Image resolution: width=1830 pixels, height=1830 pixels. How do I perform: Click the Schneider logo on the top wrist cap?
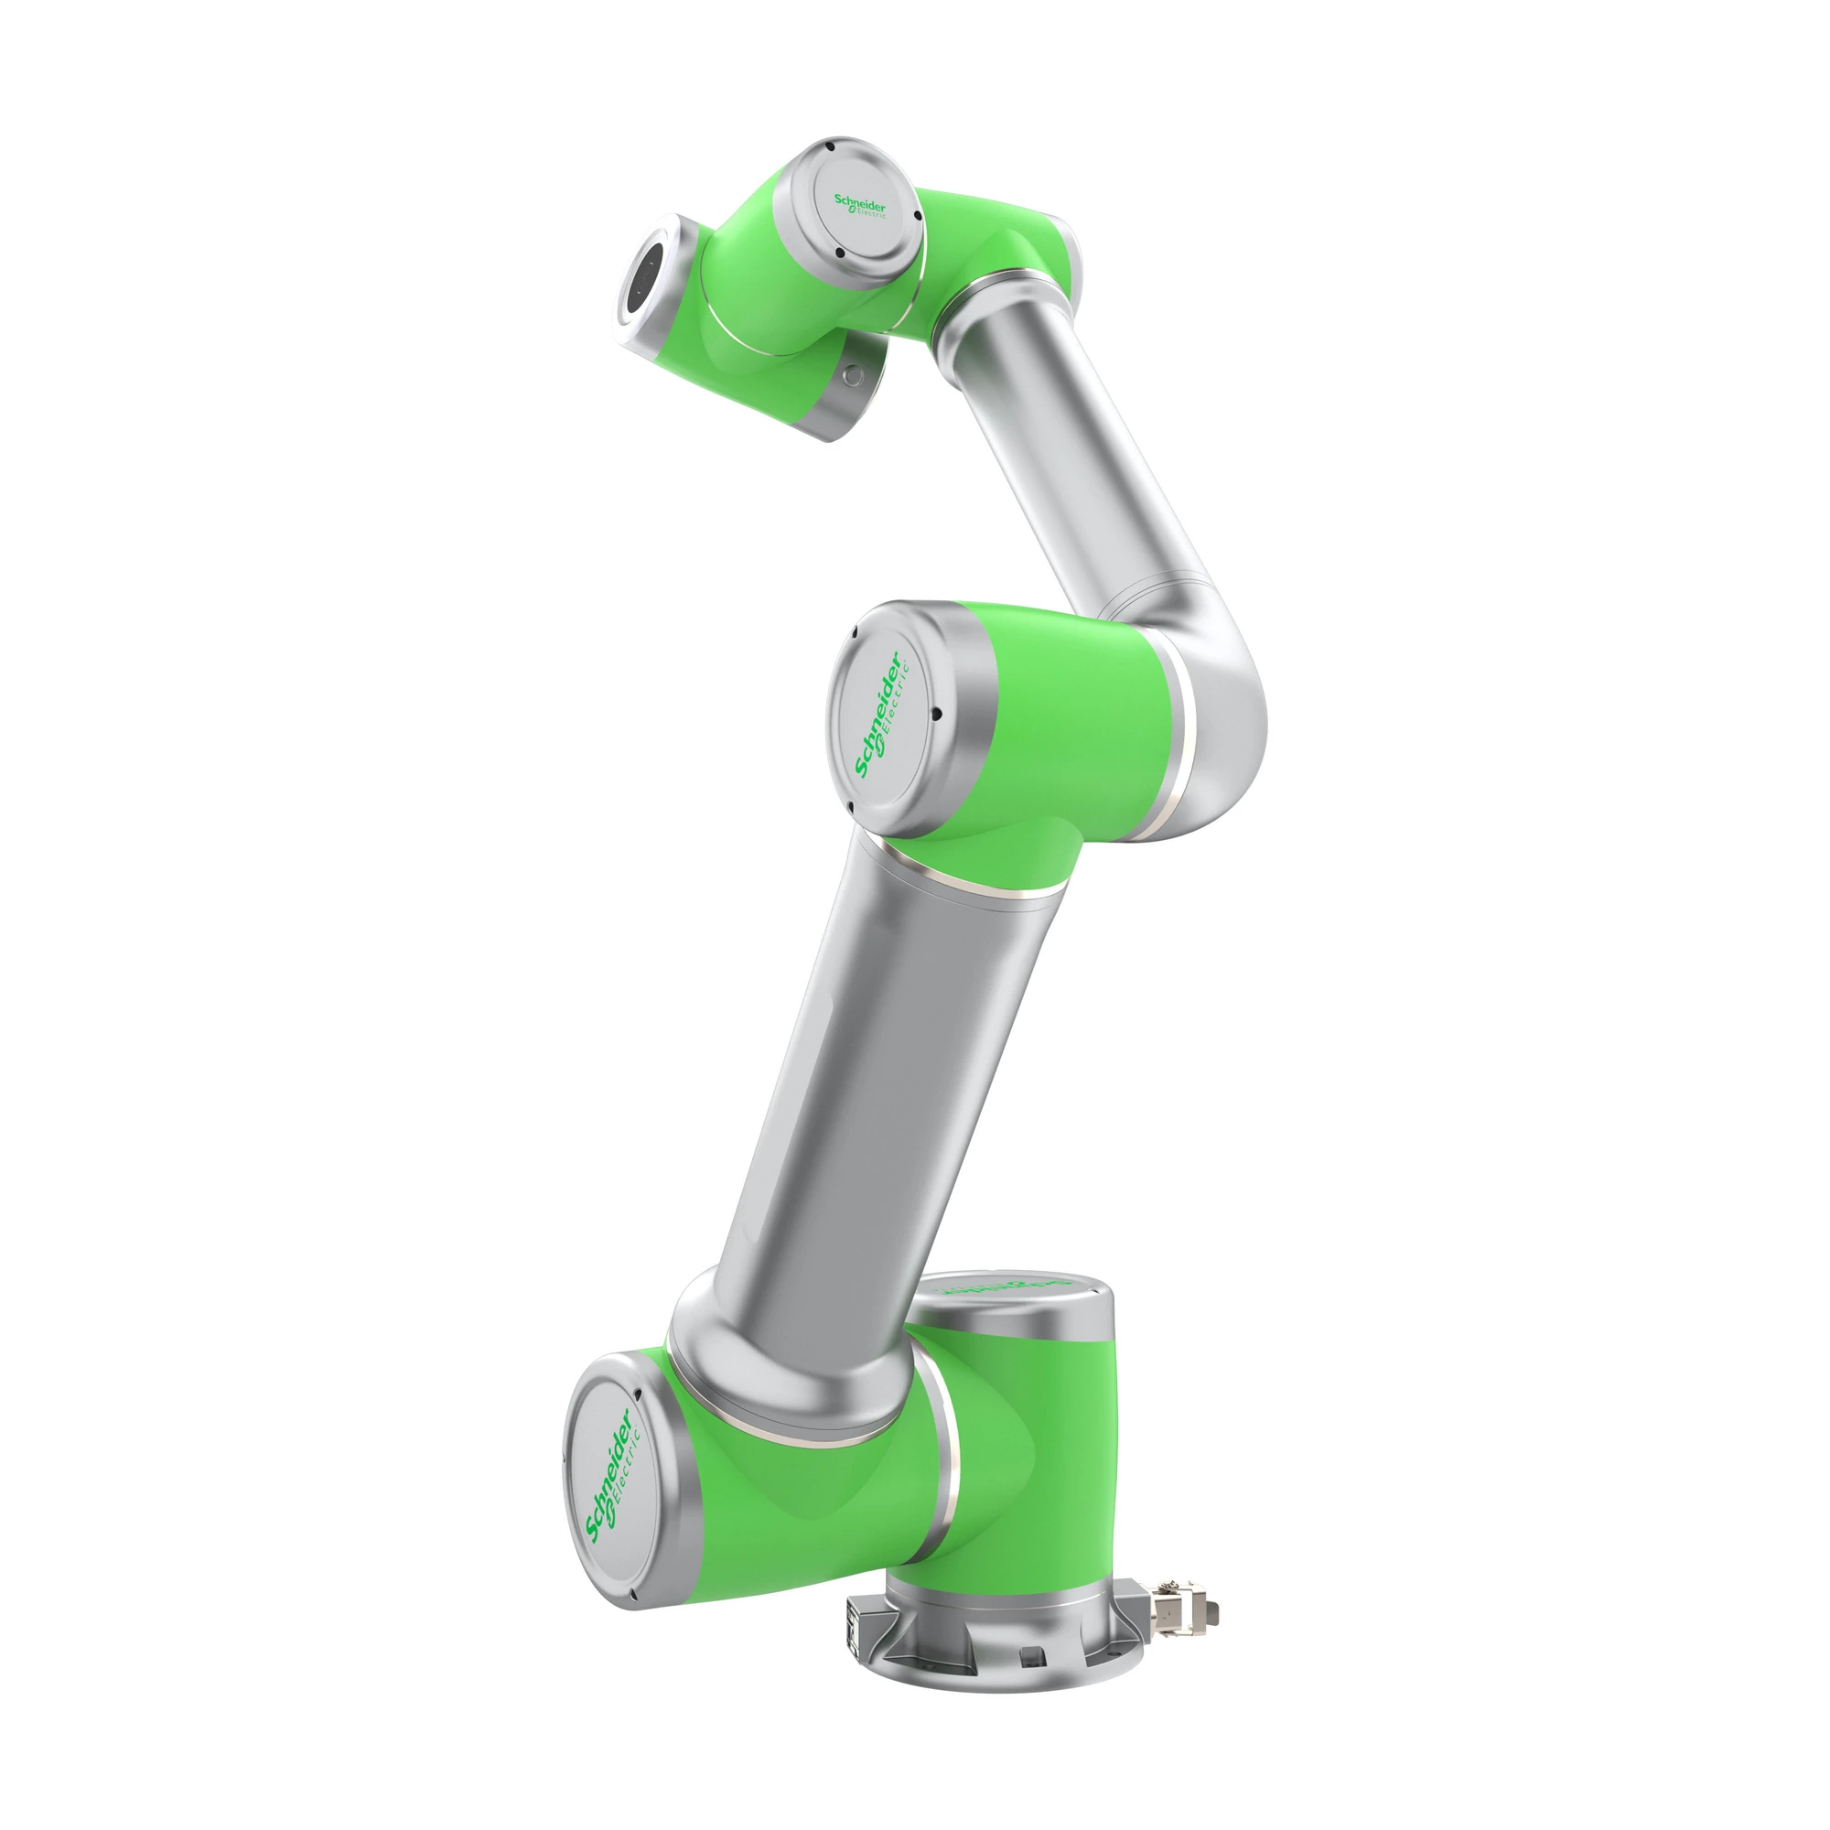click(859, 207)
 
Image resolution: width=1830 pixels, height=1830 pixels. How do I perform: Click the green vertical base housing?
click(1042, 1478)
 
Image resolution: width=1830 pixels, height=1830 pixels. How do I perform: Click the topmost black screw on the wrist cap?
click(828, 147)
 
